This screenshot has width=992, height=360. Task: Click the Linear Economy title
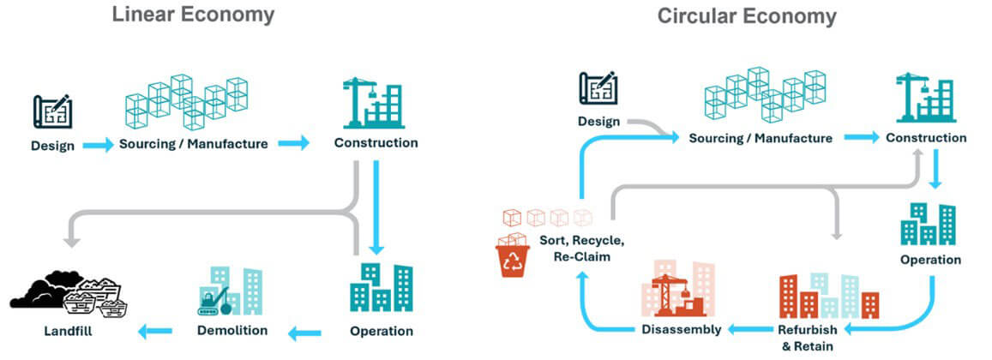194,15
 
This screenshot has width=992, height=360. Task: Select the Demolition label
231,330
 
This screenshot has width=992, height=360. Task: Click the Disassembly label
682,329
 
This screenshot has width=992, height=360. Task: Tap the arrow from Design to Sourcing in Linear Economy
98,145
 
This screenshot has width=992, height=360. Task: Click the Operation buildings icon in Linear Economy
382,288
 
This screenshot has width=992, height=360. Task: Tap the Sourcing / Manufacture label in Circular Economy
761,138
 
